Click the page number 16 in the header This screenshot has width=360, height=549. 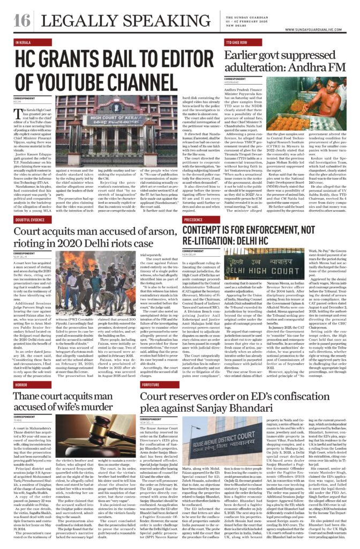pos(22,21)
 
